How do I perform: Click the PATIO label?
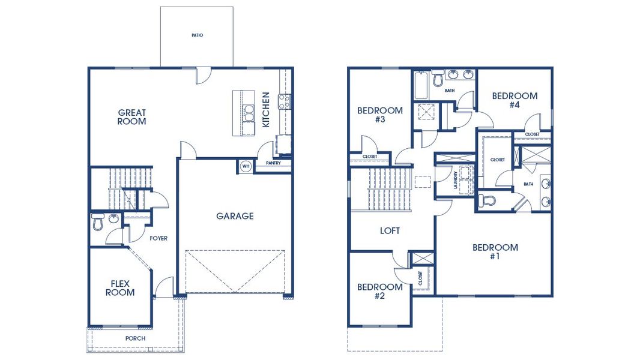click(197, 35)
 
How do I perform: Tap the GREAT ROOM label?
click(132, 117)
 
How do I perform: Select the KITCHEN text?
click(266, 109)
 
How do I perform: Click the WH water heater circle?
click(246, 166)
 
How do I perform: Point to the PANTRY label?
click(274, 163)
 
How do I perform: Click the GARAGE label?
click(235, 216)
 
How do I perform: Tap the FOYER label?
click(158, 238)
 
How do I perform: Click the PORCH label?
click(135, 338)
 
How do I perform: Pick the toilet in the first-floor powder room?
click(98, 223)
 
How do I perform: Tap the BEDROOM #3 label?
click(379, 115)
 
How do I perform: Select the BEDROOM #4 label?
click(515, 100)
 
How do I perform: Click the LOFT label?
click(390, 230)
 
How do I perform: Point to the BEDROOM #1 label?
click(495, 251)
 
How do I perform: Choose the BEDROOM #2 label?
click(379, 291)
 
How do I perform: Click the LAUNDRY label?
click(456, 180)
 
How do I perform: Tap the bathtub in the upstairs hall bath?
click(420, 86)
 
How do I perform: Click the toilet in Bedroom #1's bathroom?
click(488, 200)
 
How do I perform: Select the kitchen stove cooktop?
click(283, 102)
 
